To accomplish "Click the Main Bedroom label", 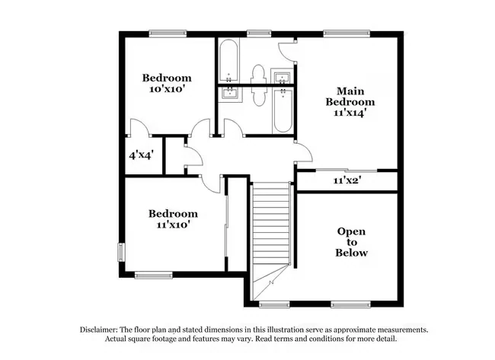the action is click(350, 96).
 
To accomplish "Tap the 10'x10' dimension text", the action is click(167, 89).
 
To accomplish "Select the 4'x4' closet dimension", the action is click(141, 155).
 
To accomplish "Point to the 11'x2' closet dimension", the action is click(347, 180).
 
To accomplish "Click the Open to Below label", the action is click(351, 242).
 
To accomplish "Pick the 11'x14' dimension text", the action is click(350, 113).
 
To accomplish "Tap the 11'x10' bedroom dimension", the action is click(173, 225).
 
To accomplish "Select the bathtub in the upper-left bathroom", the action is click(228, 60).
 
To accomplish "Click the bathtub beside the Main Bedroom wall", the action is click(283, 110).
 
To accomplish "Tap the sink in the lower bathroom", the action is click(230, 94).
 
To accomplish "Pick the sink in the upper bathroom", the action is click(282, 77).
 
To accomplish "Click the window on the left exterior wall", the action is click(121, 252).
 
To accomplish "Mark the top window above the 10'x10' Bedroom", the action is click(168, 33).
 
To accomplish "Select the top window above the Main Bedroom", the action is click(346, 33).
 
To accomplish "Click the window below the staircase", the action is click(274, 304).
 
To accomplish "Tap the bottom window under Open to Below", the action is click(350, 304).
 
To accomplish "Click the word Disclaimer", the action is click(99, 330).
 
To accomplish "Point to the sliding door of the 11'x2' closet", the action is click(346, 170).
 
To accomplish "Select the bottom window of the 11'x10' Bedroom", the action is click(153, 276).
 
